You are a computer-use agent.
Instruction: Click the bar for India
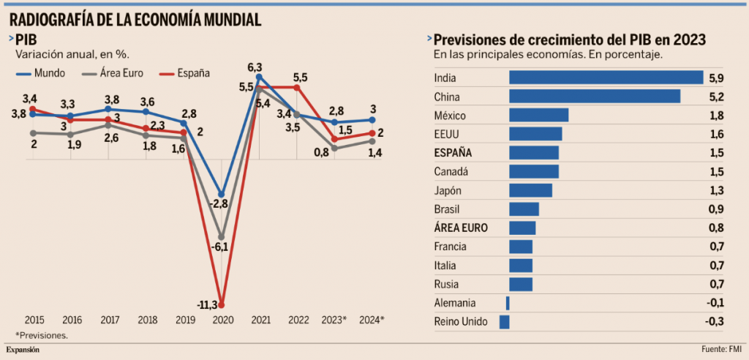606,78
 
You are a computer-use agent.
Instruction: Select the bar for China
595,97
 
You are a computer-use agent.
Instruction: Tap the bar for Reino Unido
504,322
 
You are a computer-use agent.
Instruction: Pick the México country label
450,116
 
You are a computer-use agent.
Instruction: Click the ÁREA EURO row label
461,228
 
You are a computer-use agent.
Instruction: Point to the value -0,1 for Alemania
715,303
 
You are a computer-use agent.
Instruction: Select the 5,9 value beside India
716,78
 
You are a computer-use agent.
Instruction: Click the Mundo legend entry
43,72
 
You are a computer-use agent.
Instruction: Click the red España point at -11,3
222,304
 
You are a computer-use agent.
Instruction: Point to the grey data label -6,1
220,247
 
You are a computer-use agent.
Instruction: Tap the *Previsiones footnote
42,335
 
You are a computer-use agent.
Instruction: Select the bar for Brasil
524,209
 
